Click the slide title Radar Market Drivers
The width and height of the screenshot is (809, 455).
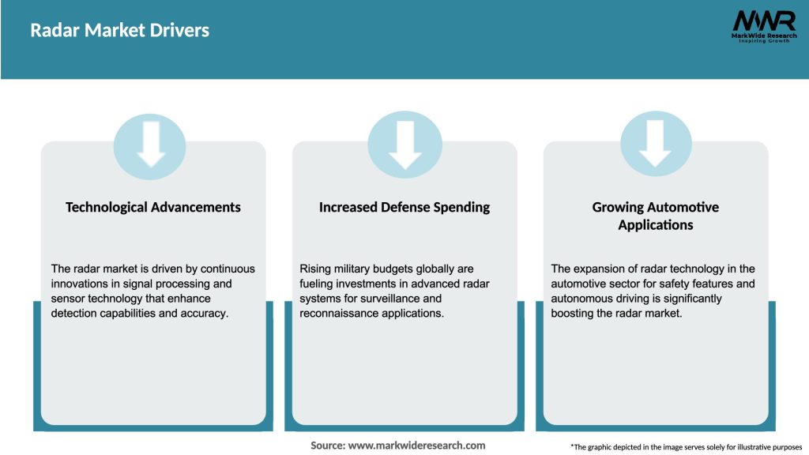click(119, 31)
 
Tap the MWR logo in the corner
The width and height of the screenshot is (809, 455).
click(763, 21)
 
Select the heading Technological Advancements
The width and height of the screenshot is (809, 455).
click(153, 208)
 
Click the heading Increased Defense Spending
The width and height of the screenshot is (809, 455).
click(404, 208)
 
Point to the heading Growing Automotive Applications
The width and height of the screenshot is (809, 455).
click(656, 216)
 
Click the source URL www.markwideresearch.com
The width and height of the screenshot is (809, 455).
click(417, 446)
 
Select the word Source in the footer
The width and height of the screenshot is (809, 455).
click(326, 446)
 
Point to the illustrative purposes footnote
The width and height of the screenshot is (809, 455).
click(686, 447)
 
